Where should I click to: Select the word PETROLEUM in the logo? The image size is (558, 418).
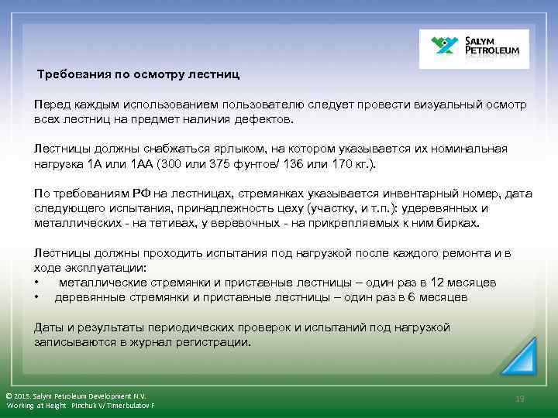click(496, 54)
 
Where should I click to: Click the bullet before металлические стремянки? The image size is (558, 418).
click(36, 283)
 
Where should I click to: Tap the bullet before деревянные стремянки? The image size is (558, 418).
click(36, 297)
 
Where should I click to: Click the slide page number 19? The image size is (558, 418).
click(520, 398)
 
